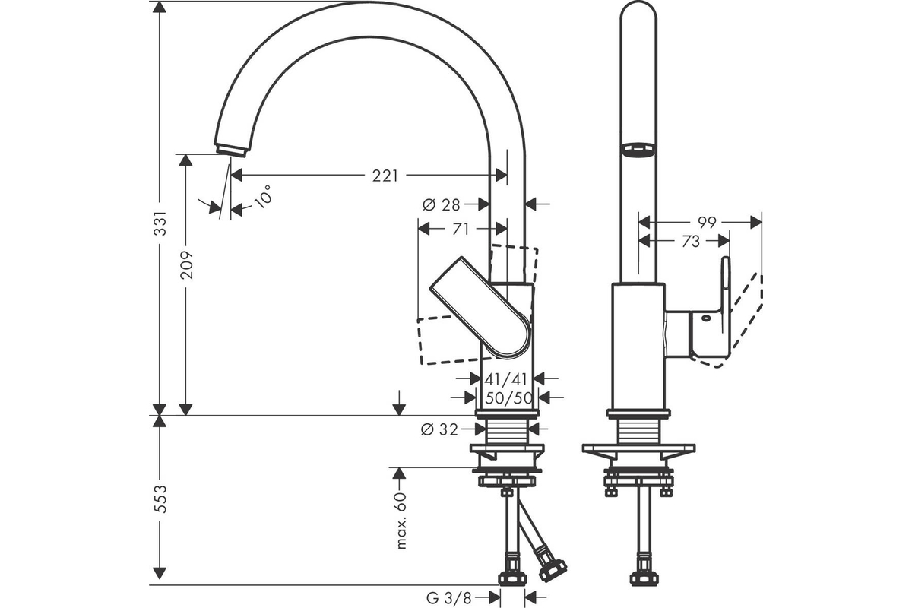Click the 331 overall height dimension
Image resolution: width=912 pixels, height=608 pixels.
pos(160,223)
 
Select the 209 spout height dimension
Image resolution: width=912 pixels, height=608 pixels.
pos(186,265)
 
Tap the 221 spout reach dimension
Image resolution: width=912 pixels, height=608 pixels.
pos(385,176)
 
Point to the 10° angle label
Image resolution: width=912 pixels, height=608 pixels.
pos(263,197)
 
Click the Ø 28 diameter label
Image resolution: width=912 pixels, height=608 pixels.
pos(442,204)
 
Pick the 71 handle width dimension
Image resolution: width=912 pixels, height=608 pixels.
pos(461,230)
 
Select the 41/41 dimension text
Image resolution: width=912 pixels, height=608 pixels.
pos(505,379)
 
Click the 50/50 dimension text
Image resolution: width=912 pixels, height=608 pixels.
pos(509,398)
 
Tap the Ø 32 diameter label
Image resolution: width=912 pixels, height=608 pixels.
pos(440,429)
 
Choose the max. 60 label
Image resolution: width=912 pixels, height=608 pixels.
pos(401,521)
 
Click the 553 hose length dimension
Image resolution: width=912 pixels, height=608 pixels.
pos(160,499)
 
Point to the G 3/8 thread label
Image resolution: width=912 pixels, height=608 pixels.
pos(449,598)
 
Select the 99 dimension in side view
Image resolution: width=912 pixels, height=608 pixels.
pos(707,223)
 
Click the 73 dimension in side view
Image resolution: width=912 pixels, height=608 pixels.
pos(691,242)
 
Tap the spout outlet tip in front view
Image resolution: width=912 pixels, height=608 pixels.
pos(231,150)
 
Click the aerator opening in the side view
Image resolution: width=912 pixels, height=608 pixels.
pos(638,149)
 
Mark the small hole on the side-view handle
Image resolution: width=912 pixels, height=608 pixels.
pos(705,318)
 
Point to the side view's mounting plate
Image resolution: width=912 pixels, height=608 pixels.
pos(638,448)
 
